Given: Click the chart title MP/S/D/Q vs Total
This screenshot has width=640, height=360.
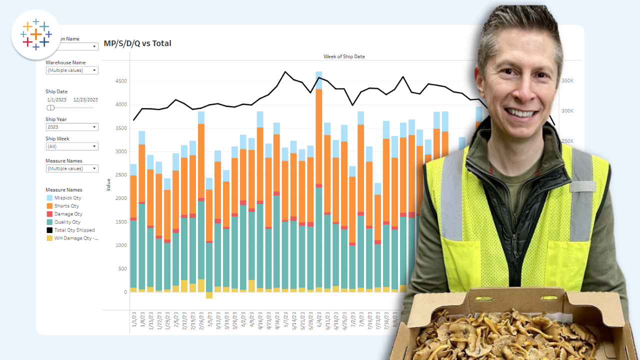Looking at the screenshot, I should click(x=137, y=43).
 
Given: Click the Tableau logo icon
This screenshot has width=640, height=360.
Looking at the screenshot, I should click(x=35, y=34).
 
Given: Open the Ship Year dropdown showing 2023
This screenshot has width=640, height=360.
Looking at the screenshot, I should click(x=72, y=127).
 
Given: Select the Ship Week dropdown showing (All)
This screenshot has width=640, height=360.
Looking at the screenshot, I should click(x=72, y=146).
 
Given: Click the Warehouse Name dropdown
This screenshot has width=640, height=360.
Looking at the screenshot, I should click(x=72, y=70).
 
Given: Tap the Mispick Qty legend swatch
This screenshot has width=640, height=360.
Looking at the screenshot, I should click(x=49, y=198).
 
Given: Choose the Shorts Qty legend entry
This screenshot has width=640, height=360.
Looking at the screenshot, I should click(x=66, y=206).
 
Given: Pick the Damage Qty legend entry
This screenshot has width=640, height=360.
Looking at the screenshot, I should click(x=68, y=214).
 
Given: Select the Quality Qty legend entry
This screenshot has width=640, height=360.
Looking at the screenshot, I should click(x=67, y=222).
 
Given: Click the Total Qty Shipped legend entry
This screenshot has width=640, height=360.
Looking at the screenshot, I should click(x=74, y=230).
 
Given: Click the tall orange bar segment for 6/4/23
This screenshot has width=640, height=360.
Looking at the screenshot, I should click(x=318, y=135).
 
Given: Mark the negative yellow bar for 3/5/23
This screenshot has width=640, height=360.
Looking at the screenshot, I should click(x=209, y=295).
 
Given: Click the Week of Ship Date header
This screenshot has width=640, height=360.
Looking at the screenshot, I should click(x=344, y=56).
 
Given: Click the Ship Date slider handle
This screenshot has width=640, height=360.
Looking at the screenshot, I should click(x=50, y=107).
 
